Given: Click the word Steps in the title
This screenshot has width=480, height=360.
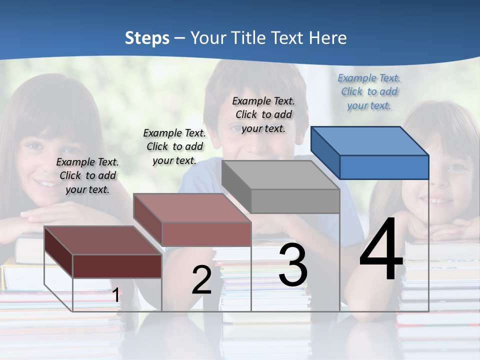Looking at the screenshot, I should [x=147, y=38].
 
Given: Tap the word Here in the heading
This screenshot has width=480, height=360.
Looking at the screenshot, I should [x=327, y=38].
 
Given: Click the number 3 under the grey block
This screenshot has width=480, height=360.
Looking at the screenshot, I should [x=293, y=264].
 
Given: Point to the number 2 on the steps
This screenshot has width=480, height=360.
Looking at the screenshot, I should [x=201, y=279].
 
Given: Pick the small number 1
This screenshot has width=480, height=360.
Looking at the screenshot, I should [x=115, y=295].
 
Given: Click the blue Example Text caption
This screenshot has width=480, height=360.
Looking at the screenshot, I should [x=369, y=91].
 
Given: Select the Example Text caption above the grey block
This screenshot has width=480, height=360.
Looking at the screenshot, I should [x=263, y=114].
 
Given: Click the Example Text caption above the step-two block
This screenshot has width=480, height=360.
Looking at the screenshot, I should [x=174, y=146].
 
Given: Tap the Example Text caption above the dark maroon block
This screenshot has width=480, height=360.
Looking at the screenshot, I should [x=87, y=175].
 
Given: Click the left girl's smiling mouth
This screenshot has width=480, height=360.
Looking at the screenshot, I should [x=48, y=184].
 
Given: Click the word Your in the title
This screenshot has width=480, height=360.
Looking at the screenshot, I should [x=208, y=38].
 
